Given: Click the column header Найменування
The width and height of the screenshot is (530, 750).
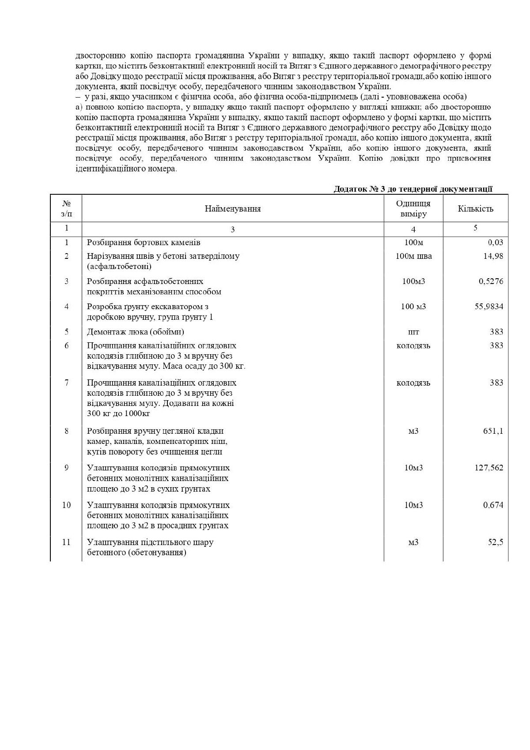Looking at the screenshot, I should (x=232, y=208).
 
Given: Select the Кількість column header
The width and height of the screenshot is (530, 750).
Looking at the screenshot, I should (x=475, y=208).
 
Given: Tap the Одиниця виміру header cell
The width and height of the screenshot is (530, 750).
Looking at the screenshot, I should (x=413, y=208).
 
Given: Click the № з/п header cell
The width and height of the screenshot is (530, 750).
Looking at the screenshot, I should (x=66, y=208).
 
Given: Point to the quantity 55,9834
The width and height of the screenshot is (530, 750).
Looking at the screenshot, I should (x=488, y=307).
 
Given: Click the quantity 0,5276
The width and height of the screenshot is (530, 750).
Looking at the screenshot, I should (x=491, y=281).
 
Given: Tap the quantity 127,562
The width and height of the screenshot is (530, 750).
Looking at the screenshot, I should (x=489, y=468).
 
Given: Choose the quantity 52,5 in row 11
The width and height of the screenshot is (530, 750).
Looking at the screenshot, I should (x=496, y=542).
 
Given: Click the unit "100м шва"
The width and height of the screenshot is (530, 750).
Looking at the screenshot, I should (x=413, y=256).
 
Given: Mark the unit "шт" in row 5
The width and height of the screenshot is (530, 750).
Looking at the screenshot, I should (x=413, y=332).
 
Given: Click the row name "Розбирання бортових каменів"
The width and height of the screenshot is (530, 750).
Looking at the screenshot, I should (x=144, y=242).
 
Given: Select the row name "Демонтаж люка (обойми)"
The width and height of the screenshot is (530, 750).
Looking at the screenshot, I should (x=136, y=332).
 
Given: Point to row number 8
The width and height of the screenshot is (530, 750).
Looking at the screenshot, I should (x=67, y=431).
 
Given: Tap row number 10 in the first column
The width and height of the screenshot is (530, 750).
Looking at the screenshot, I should (x=66, y=505).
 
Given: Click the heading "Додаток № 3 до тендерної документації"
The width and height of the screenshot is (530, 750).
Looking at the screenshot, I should (x=413, y=189).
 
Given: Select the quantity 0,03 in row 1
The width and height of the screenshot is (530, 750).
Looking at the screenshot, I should (x=495, y=242).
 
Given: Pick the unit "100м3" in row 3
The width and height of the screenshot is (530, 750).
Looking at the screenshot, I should (x=413, y=281).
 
